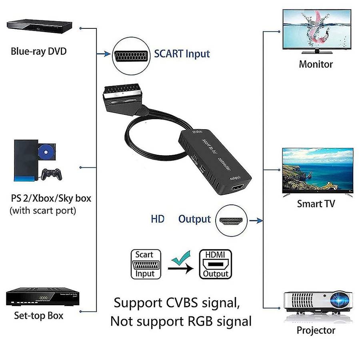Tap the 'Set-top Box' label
[38, 315]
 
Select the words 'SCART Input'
[182, 54]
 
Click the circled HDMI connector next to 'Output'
[231, 220]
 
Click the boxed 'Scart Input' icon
[144, 264]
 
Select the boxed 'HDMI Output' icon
[215, 264]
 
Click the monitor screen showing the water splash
[318, 29]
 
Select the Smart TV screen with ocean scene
[318, 170]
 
